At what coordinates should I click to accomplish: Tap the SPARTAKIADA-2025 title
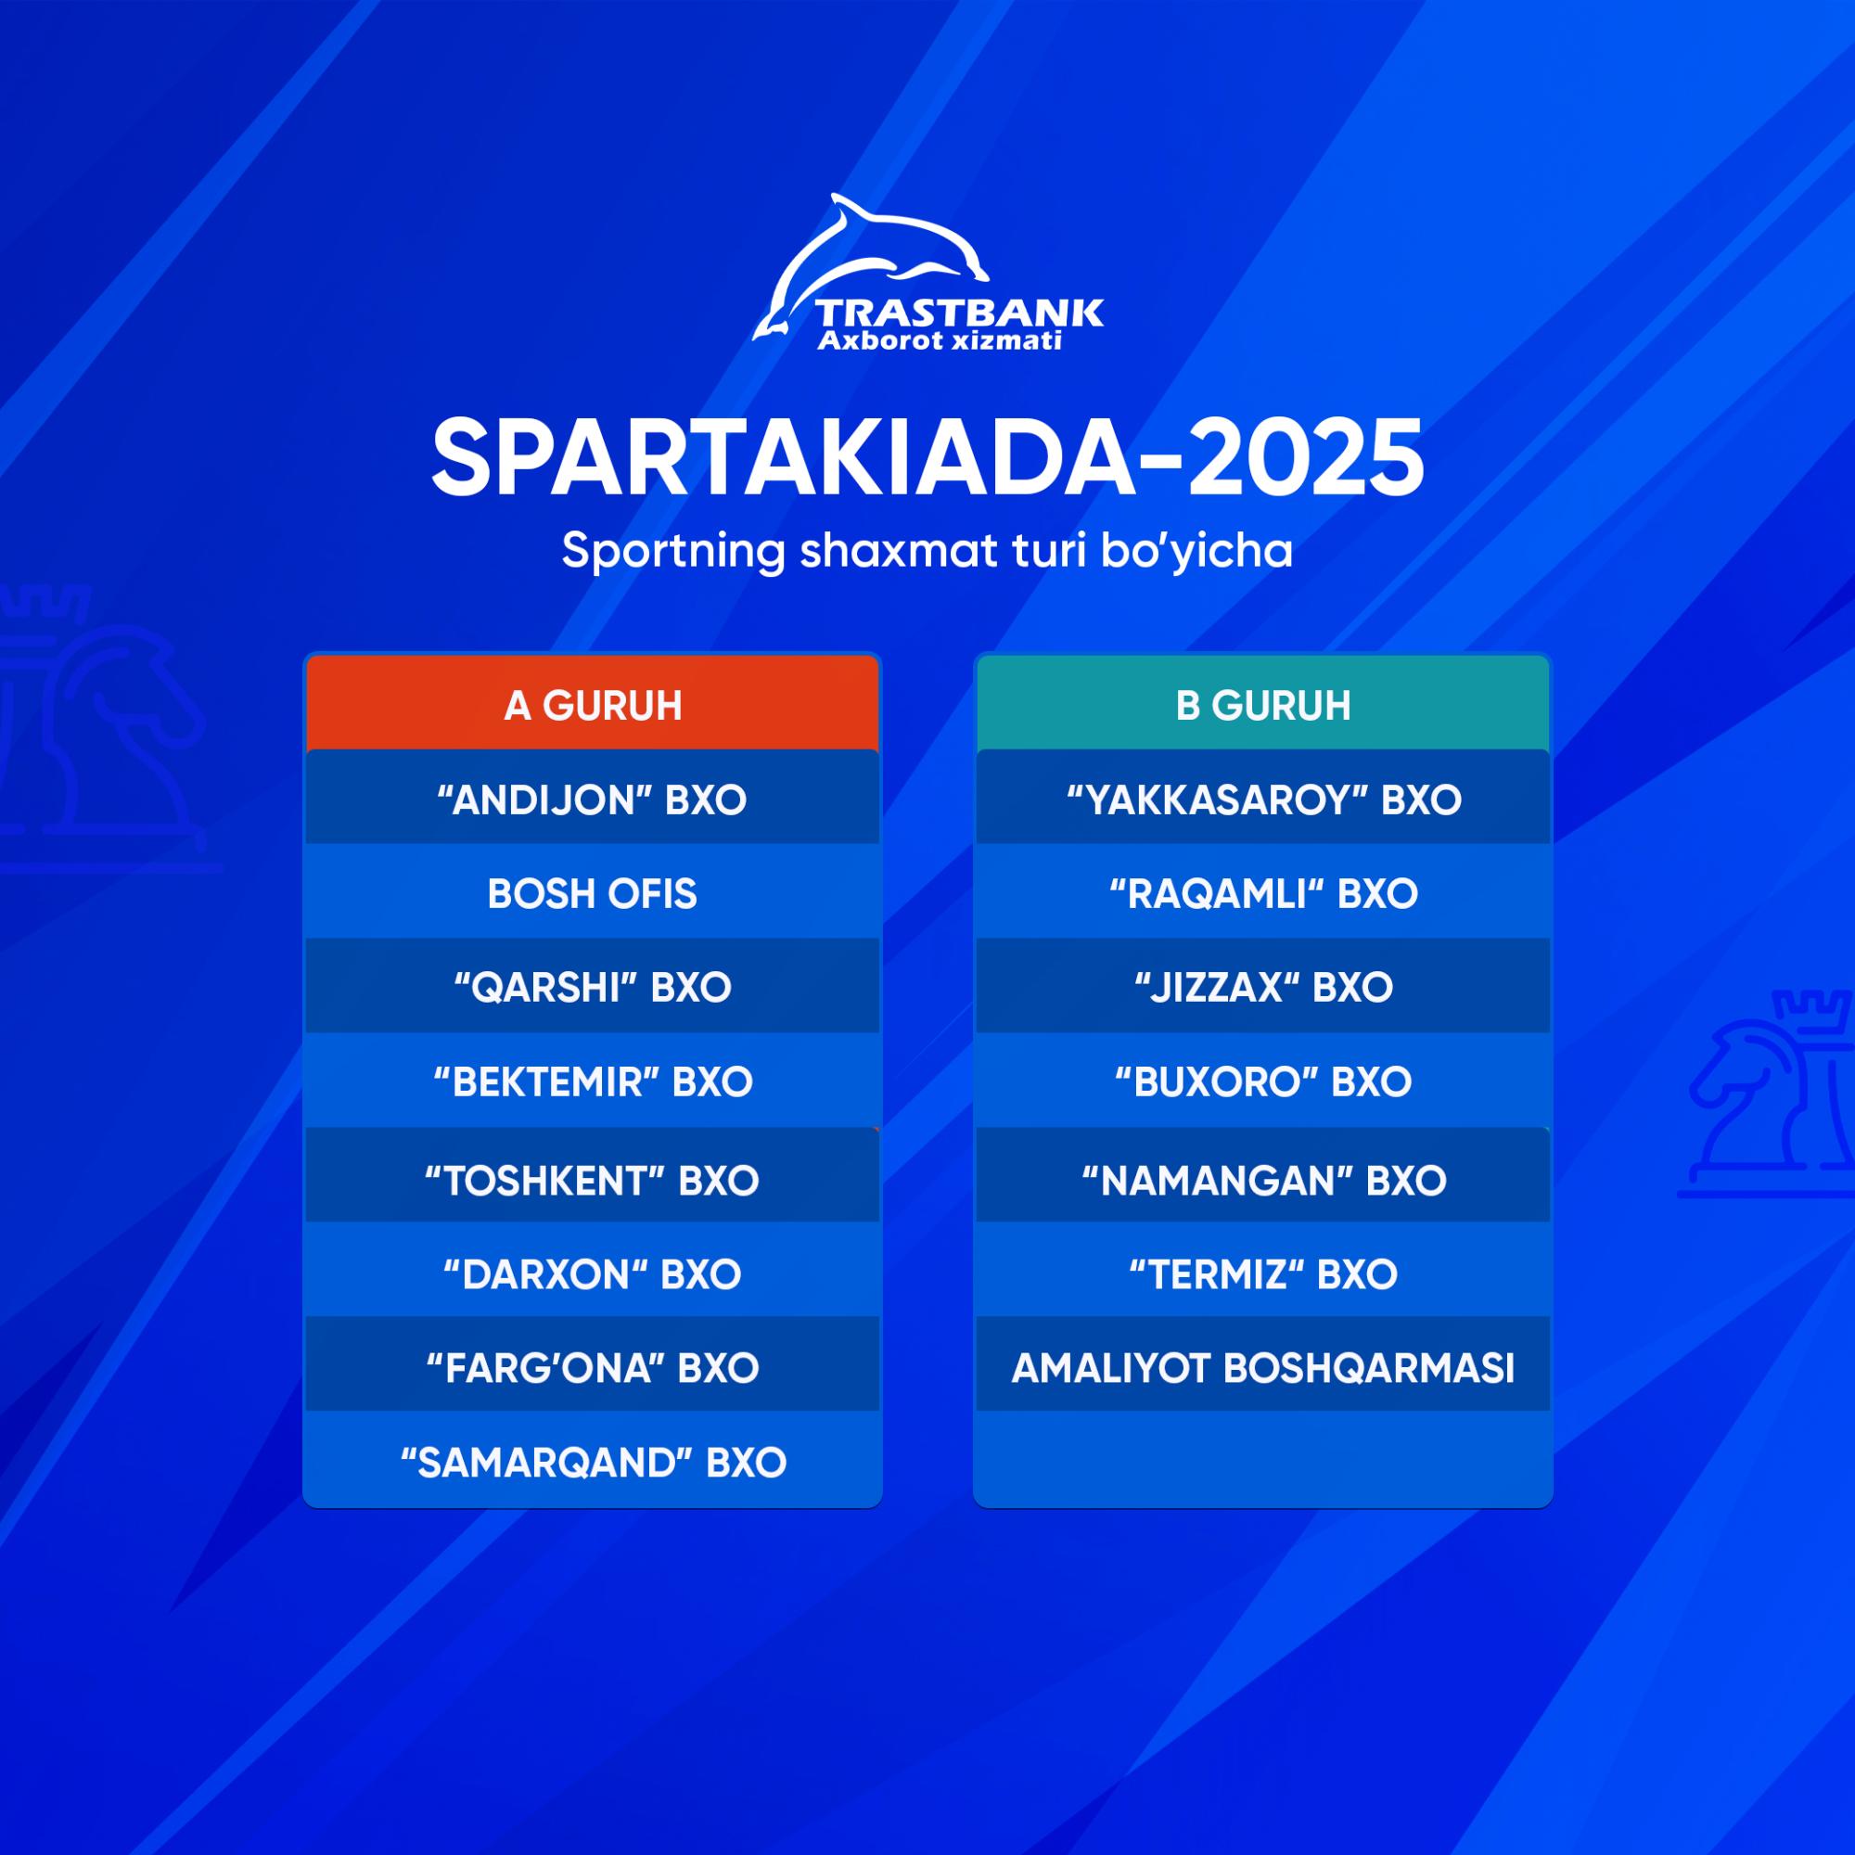tap(927, 459)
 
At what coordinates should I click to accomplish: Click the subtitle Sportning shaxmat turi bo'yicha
tap(927, 552)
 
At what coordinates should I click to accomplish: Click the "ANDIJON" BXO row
tap(593, 798)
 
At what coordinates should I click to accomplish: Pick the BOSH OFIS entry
tap(593, 893)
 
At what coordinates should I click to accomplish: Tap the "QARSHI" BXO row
tap(593, 986)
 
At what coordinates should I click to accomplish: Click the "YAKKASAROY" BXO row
tap(1262, 798)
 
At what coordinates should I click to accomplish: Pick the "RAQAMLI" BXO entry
tap(1262, 893)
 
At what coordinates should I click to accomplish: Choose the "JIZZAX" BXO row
tap(1262, 986)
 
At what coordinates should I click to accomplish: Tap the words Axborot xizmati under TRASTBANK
tap(939, 340)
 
